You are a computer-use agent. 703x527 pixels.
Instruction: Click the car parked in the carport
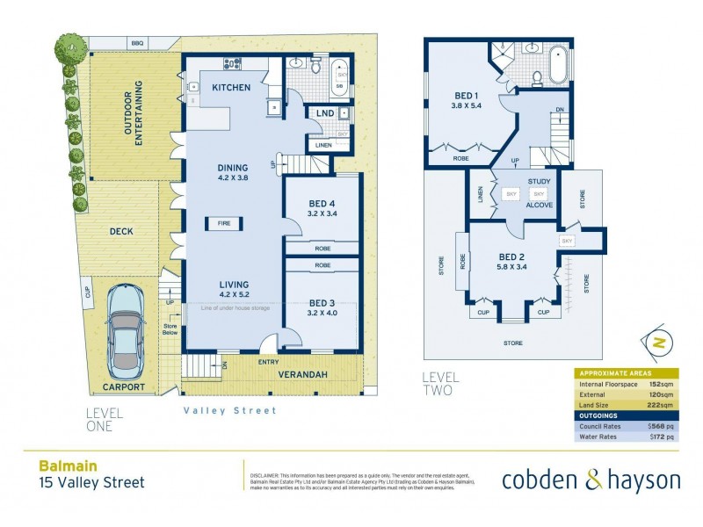tap(127, 326)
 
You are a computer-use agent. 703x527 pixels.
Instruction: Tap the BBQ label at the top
tap(137, 42)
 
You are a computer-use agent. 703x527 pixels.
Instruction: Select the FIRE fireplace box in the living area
tap(225, 224)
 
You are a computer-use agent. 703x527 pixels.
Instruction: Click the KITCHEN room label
tap(232, 88)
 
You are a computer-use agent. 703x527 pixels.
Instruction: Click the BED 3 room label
tap(321, 306)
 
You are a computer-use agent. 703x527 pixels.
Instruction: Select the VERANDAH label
tap(305, 375)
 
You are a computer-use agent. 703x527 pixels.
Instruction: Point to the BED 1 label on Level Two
tap(467, 95)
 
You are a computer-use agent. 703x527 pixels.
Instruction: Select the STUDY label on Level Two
tap(539, 182)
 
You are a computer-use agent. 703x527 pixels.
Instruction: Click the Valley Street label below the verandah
tap(229, 410)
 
